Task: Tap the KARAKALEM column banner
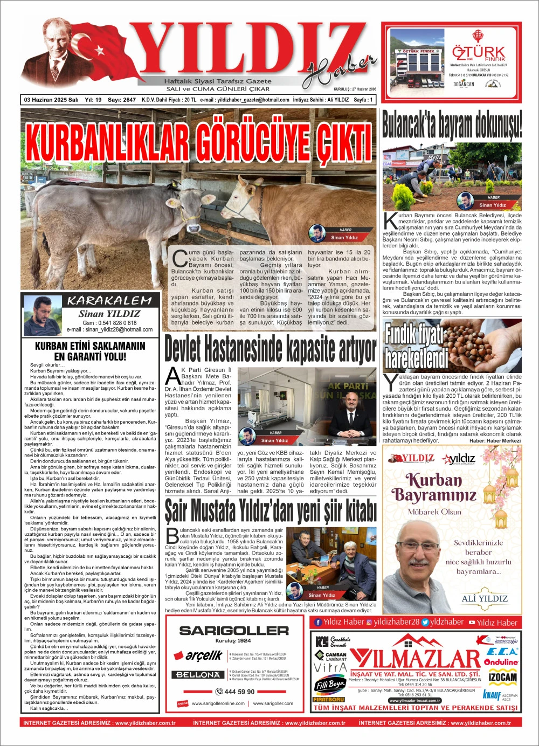click(109, 301)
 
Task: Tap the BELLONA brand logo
click(197, 675)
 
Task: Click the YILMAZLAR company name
click(415, 659)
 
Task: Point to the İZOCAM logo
click(502, 678)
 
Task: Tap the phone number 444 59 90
click(235, 692)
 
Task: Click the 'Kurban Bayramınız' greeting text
click(434, 487)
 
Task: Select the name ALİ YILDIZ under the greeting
click(485, 598)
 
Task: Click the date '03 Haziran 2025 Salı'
click(52, 100)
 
